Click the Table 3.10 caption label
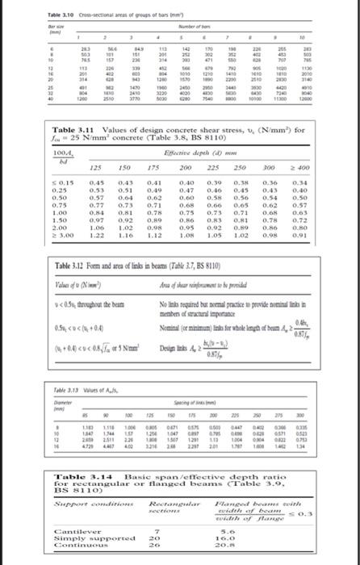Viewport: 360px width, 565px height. coord(17,6)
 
